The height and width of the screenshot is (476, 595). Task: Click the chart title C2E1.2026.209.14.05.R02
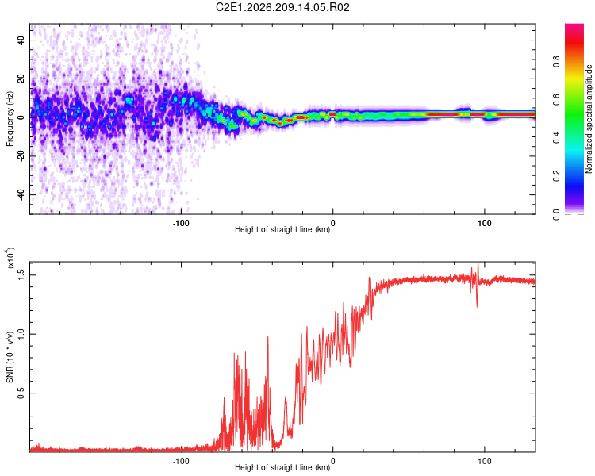pos(282,7)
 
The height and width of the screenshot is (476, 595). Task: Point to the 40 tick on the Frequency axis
pos(21,40)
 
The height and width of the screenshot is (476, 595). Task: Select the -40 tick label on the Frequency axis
pos(21,194)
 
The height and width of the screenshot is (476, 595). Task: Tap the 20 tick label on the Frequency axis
pos(21,79)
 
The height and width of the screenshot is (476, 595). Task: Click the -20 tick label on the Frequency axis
pos(21,156)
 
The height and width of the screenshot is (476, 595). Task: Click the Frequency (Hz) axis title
pos(10,119)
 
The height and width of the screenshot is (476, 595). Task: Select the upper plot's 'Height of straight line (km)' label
pos(282,229)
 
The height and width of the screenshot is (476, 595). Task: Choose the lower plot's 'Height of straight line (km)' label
pos(282,467)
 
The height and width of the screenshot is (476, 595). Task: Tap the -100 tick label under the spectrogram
pos(181,223)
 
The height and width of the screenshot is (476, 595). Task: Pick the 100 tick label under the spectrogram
pos(485,223)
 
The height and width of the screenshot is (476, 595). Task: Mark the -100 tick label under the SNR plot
pos(181,461)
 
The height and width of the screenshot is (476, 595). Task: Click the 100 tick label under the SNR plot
pos(485,461)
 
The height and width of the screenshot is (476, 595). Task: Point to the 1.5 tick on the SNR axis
pos(21,274)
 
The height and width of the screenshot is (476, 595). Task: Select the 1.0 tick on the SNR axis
pos(21,334)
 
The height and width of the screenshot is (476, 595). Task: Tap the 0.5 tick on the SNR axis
pos(21,393)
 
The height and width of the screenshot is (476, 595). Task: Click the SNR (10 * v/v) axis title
pos(10,357)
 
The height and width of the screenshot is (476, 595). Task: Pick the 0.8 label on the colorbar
pos(556,62)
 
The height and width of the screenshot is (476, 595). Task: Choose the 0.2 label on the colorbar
pos(556,176)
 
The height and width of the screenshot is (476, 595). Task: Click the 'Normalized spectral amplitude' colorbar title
pos(589,119)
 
